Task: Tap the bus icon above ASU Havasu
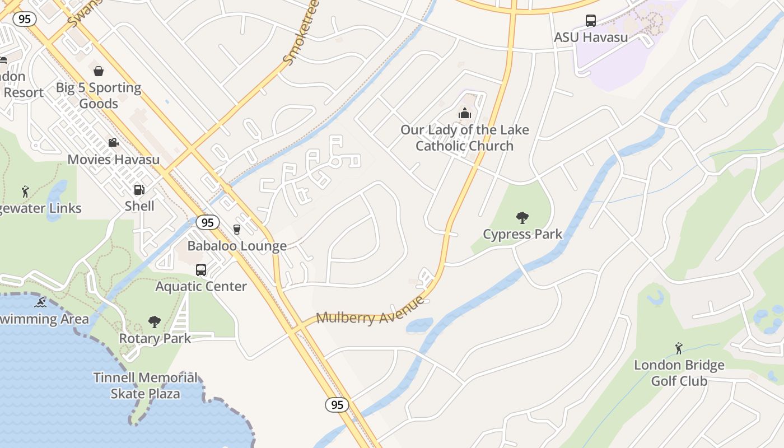pos(591,21)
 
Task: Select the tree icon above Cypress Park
pos(522,217)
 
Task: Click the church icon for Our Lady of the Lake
pos(465,114)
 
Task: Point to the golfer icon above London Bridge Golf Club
pos(679,348)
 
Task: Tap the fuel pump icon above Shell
pos(139,190)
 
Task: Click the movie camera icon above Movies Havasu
pos(114,143)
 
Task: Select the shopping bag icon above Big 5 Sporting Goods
pos(99,71)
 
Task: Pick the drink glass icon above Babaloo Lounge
pos(236,229)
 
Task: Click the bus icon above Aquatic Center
pos(201,270)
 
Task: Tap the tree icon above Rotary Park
pos(155,322)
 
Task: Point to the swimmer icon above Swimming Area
pos(40,303)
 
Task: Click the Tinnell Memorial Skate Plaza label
pos(146,385)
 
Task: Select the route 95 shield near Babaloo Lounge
pos(207,222)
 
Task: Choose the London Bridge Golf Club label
pos(679,373)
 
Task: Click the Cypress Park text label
pos(522,234)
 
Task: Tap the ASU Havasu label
pos(591,38)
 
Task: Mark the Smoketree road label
pos(301,32)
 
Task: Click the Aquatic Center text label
pos(201,286)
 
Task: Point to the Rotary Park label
pos(155,338)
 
